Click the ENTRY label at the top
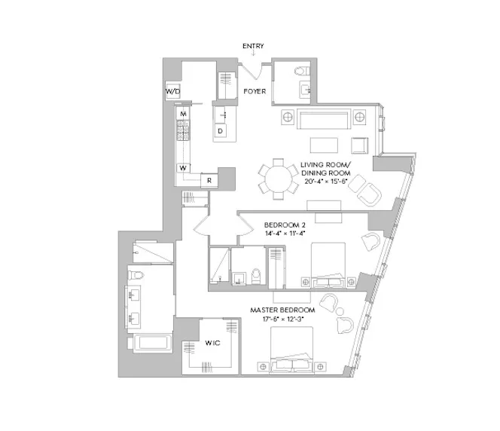click(x=253, y=47)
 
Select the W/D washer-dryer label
click(x=172, y=92)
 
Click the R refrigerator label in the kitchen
click(x=209, y=180)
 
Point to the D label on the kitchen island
click(x=221, y=131)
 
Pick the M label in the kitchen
click(x=183, y=114)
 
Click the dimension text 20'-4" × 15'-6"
click(x=326, y=181)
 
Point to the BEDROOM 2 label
click(x=284, y=225)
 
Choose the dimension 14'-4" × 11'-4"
click(x=284, y=234)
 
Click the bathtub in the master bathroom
click(x=154, y=344)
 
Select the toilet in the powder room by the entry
click(x=302, y=72)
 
